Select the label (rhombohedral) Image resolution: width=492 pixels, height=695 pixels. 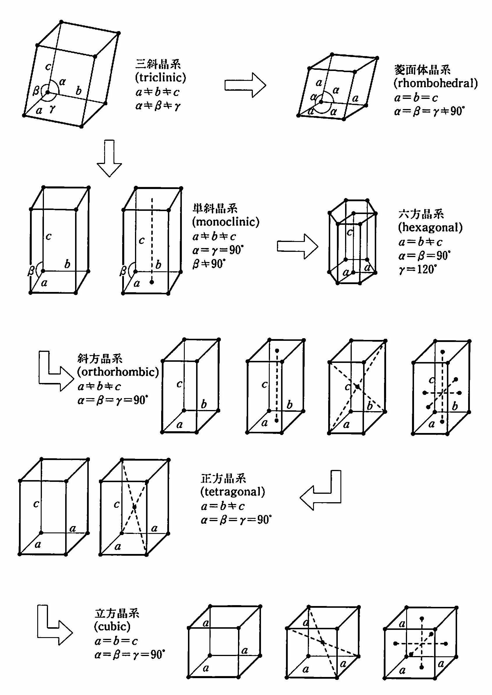(x=435, y=83)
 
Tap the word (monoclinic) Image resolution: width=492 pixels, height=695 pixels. (x=226, y=222)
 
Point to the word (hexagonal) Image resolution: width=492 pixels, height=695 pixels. (x=430, y=227)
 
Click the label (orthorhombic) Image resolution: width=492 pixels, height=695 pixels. (x=118, y=372)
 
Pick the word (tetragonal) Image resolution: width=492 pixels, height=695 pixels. (x=233, y=491)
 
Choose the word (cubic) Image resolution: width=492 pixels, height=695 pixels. (x=112, y=626)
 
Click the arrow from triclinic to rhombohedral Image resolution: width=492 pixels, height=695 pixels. (x=245, y=85)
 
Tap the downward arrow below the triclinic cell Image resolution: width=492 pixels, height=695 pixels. (x=109, y=158)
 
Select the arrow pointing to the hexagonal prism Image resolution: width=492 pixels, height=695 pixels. (x=297, y=246)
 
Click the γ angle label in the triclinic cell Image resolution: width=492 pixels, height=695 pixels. (x=52, y=108)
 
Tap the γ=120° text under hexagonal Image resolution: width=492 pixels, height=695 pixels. (x=418, y=269)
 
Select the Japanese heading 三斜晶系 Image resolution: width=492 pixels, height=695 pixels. (x=158, y=64)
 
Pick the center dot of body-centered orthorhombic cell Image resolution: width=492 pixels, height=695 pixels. (x=358, y=386)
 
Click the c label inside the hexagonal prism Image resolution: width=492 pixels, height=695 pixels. (x=350, y=232)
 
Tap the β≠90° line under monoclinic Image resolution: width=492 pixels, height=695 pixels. (x=209, y=264)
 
